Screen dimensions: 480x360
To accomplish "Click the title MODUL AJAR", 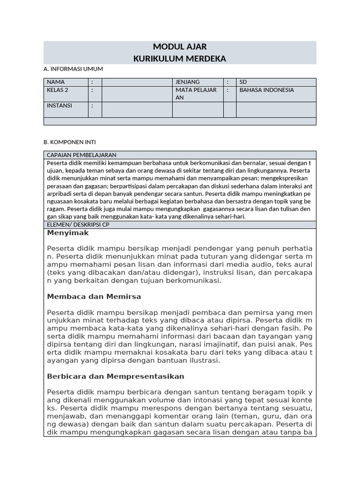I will click(x=180, y=47).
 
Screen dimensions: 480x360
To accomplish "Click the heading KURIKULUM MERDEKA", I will click(x=180, y=59).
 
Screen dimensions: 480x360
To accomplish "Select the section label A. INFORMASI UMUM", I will click(x=73, y=69).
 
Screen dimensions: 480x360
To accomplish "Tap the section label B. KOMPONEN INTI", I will click(x=69, y=142).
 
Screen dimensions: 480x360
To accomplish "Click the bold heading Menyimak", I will click(x=68, y=233).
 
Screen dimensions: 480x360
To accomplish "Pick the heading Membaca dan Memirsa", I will click(x=94, y=297).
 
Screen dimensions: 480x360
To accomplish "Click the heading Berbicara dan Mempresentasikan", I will click(x=116, y=376).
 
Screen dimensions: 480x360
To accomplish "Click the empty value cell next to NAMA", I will click(x=137, y=82).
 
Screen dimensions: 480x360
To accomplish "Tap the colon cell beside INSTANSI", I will click(x=95, y=109).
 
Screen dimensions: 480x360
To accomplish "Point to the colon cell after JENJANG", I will click(x=230, y=82).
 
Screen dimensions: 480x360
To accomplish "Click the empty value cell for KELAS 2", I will click(x=137, y=94).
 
